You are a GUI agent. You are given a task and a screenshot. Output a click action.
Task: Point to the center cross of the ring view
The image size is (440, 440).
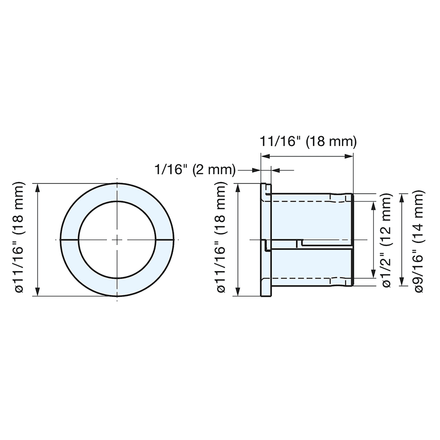pos(117,240)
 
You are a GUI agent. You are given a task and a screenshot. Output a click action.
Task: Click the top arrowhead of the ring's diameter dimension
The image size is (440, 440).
pos(37,188)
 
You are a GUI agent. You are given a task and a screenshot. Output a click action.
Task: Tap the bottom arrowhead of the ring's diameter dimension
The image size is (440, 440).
pos(37,291)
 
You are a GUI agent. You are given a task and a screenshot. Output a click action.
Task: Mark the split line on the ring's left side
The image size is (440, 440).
pos(69,240)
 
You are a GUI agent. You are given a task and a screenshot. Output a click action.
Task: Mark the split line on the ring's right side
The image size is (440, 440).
pos(164,240)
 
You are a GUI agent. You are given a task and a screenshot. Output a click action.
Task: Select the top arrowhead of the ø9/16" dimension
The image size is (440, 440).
pos(402,198)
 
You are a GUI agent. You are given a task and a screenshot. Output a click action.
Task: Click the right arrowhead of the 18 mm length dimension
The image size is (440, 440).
pos(350,156)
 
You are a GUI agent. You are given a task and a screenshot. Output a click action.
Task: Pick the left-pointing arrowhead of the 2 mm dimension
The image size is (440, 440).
pos(276,170)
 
